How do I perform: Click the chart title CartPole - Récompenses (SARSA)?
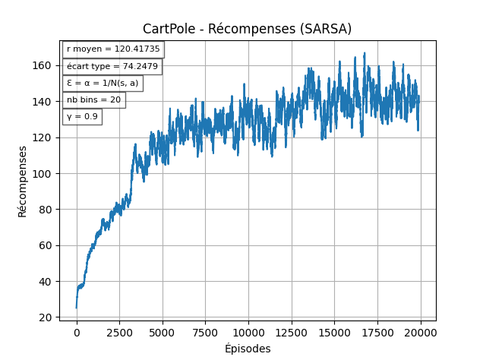point(247,29)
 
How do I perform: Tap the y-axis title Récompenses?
point(23,181)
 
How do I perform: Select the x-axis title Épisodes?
point(248,349)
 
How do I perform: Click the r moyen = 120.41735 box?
point(113,49)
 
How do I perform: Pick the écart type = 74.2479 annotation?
point(112,66)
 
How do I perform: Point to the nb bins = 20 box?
point(93,99)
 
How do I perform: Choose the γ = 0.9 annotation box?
point(82,116)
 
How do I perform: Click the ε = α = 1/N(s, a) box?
point(103,83)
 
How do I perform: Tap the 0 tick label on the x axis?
point(76,333)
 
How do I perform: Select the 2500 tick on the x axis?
point(119,333)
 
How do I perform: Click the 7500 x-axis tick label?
point(205,333)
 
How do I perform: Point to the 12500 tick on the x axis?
point(291,333)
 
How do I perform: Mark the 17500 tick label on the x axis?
point(377,333)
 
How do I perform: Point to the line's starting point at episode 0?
point(76,307)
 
